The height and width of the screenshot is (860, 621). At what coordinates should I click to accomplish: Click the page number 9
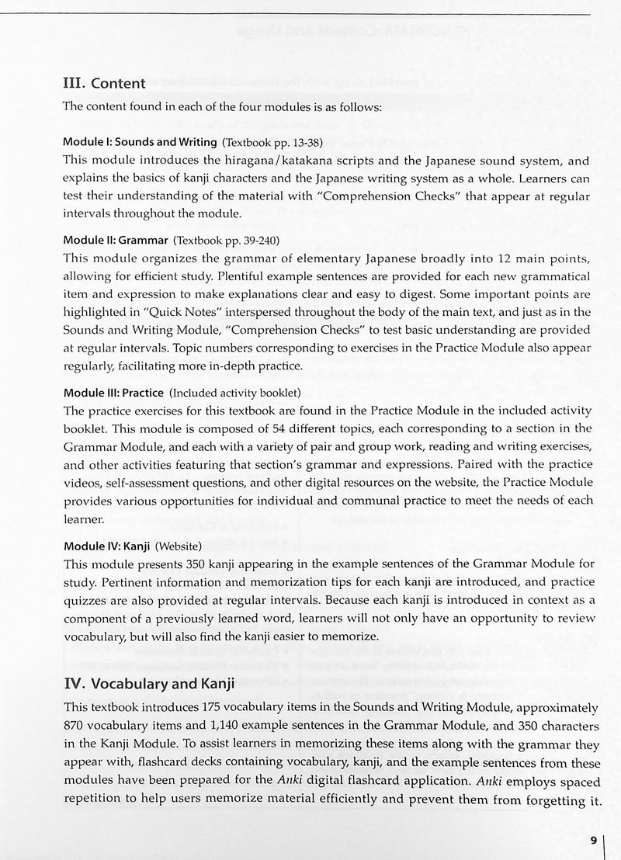[593, 840]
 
